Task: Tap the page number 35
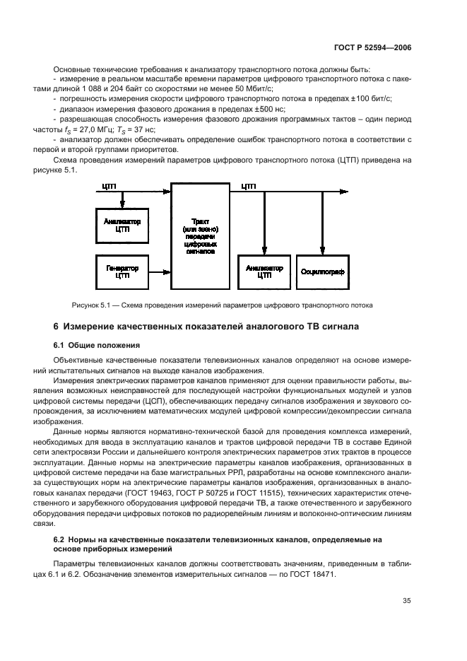point(407,601)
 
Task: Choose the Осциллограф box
point(322,271)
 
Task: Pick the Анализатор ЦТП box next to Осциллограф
point(264,271)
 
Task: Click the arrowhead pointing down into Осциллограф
point(322,250)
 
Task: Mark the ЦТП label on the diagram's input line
point(109,187)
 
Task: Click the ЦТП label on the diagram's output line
point(248,187)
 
